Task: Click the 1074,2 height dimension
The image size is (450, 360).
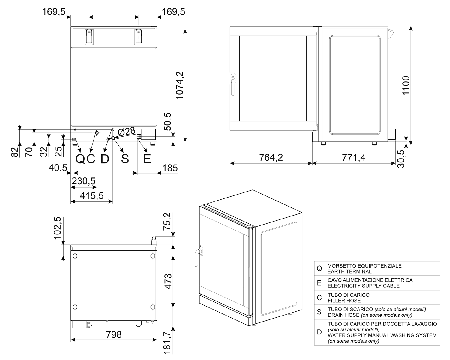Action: [180, 85]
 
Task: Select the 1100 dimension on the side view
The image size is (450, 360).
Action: [406, 85]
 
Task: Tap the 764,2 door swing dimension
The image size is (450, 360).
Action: [271, 157]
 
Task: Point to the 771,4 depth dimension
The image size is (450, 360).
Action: [354, 157]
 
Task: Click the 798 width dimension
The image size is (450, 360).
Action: [114, 334]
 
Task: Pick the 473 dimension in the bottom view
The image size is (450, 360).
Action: [168, 282]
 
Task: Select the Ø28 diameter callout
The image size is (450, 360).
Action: [127, 132]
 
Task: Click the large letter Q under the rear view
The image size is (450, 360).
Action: [80, 159]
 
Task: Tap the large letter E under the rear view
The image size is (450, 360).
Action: [147, 159]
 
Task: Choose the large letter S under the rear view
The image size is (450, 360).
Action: [125, 159]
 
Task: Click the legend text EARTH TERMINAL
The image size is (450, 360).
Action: [349, 271]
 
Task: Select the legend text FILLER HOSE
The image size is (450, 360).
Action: [344, 301]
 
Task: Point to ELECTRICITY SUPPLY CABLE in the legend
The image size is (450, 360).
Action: [364, 286]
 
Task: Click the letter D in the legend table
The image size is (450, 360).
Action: [319, 332]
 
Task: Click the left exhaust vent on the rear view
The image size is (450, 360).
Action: [89, 37]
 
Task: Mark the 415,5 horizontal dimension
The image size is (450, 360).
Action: [91, 196]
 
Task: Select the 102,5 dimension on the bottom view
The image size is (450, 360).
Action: [58, 228]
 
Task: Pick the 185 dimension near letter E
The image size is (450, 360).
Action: [170, 168]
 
